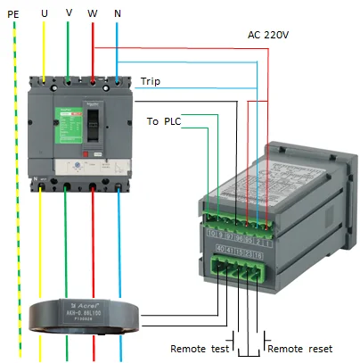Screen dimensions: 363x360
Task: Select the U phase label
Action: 44,14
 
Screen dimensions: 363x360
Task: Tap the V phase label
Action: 69,14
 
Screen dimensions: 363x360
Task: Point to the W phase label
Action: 92,14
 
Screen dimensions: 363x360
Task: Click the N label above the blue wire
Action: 118,14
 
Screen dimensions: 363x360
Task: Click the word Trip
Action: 151,81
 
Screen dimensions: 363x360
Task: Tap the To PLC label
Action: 163,120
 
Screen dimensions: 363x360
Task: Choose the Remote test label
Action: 200,348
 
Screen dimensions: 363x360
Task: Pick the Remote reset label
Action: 299,348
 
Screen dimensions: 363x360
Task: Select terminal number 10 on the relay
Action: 210,234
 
